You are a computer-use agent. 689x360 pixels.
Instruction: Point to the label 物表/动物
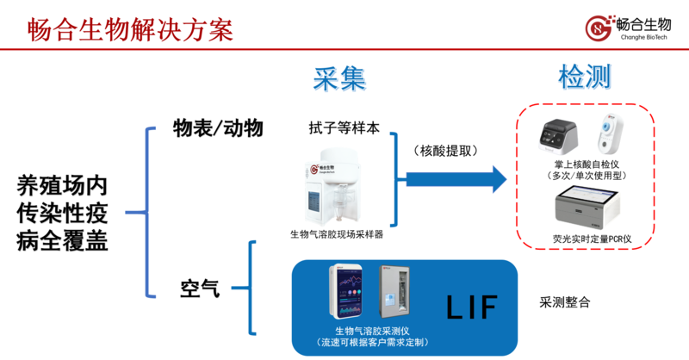click(219, 129)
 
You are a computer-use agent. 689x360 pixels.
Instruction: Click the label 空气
click(200, 288)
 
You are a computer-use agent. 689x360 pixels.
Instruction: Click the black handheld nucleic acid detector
click(560, 134)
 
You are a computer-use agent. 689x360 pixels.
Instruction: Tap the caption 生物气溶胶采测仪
click(378, 332)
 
